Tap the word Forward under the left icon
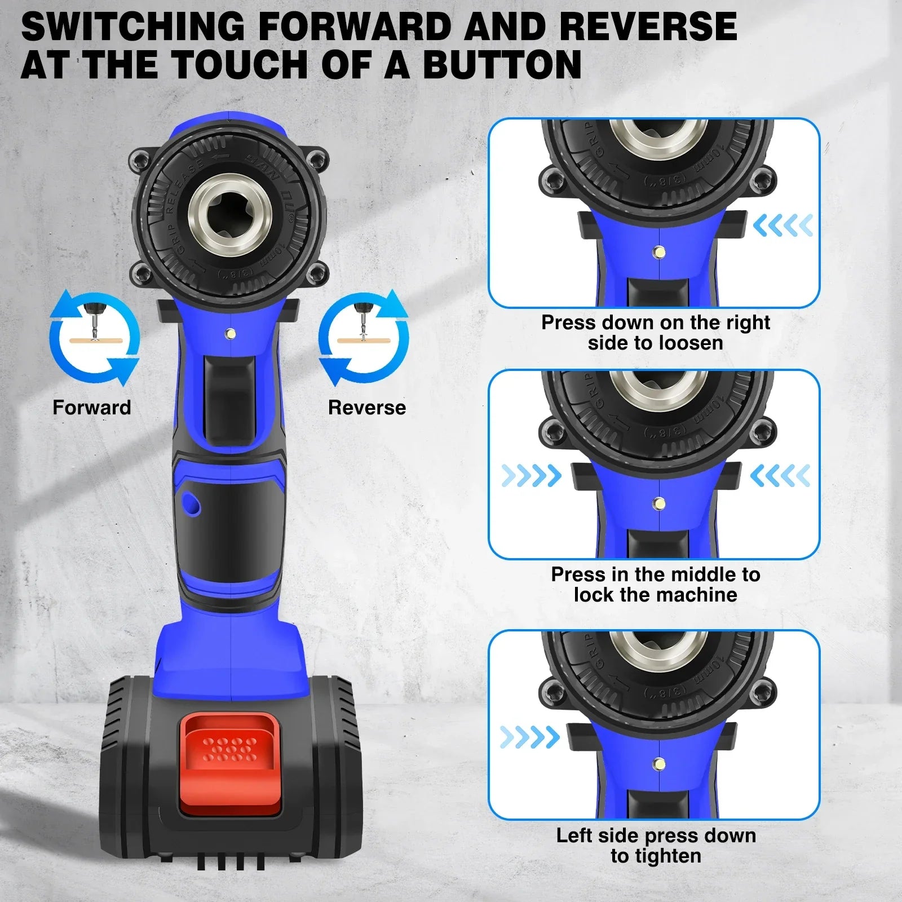91,408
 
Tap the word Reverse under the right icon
366,408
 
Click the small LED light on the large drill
230,334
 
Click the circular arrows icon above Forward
94,338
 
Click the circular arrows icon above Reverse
364,338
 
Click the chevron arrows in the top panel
782,225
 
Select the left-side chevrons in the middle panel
531,476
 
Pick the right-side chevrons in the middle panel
780,476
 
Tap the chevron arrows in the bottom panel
530,737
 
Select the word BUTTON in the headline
502,64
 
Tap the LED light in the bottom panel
658,765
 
